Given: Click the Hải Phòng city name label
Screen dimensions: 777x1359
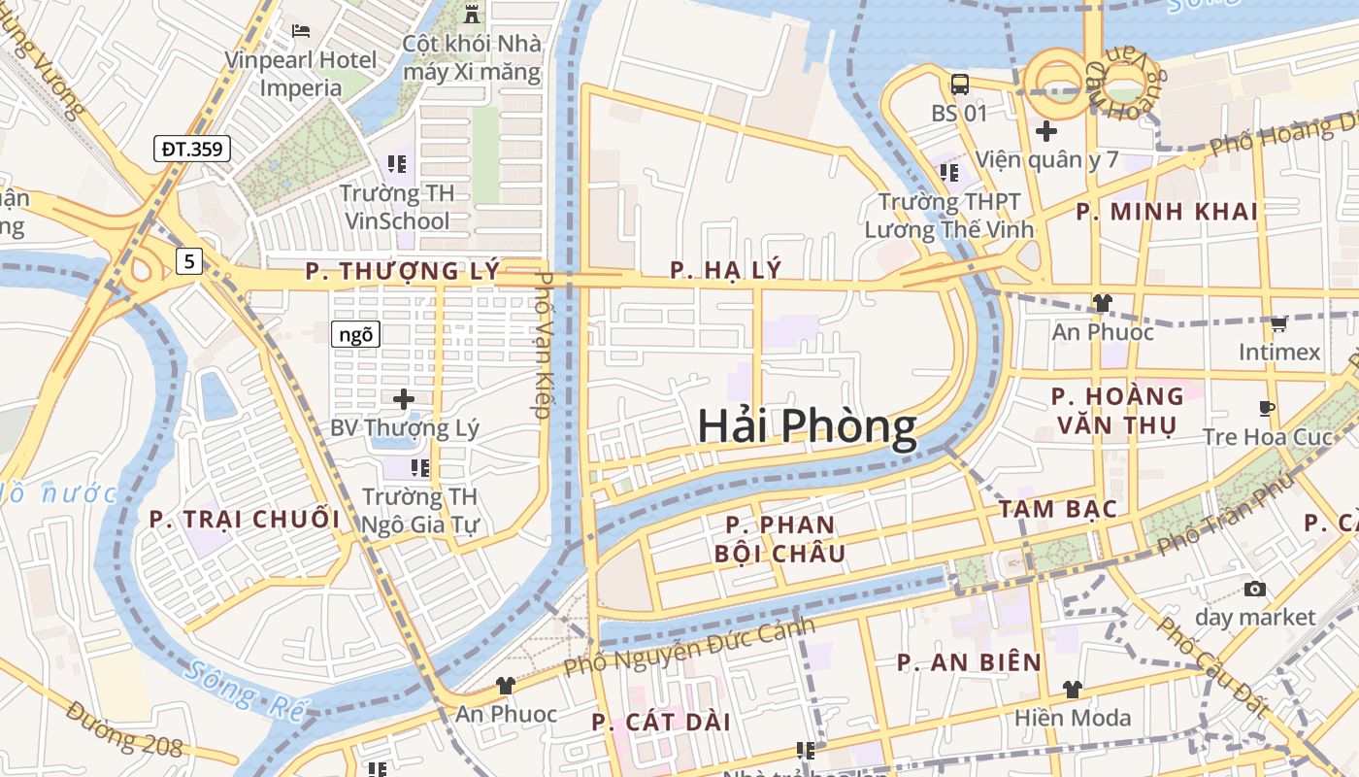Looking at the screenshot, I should pyautogui.click(x=807, y=427).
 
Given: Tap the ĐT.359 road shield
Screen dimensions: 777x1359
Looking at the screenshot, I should pyautogui.click(x=192, y=150).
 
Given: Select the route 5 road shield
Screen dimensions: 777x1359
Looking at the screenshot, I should pyautogui.click(x=189, y=260).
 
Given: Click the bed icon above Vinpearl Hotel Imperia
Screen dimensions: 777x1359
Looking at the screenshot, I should pyautogui.click(x=301, y=31).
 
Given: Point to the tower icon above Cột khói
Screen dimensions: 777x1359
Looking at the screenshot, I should pyautogui.click(x=473, y=15).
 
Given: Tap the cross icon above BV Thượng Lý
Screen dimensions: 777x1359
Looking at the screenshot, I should pyautogui.click(x=404, y=398).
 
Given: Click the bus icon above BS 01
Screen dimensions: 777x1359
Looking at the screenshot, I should pyautogui.click(x=960, y=84).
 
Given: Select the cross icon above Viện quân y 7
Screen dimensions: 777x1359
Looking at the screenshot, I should pyautogui.click(x=1046, y=130).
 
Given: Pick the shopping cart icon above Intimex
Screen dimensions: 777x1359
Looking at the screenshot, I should pyautogui.click(x=1279, y=323).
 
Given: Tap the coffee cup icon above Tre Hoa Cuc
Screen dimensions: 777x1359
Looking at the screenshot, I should pyautogui.click(x=1267, y=408).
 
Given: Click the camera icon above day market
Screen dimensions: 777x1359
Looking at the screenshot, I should pyautogui.click(x=1255, y=589).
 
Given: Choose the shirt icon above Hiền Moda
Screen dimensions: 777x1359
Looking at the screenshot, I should pyautogui.click(x=1073, y=690).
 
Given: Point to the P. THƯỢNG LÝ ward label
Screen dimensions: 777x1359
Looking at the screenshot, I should pyautogui.click(x=402, y=271).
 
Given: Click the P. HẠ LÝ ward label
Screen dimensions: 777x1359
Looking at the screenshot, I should pyautogui.click(x=725, y=270).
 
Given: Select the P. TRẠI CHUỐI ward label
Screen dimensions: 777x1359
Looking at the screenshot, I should pyautogui.click(x=245, y=520).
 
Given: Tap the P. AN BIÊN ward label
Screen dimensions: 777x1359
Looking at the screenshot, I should pyautogui.click(x=969, y=663).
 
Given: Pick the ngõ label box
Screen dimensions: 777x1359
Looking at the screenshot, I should pyautogui.click(x=355, y=335).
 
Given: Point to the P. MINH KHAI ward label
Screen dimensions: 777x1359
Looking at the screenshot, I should pyautogui.click(x=1167, y=212).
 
